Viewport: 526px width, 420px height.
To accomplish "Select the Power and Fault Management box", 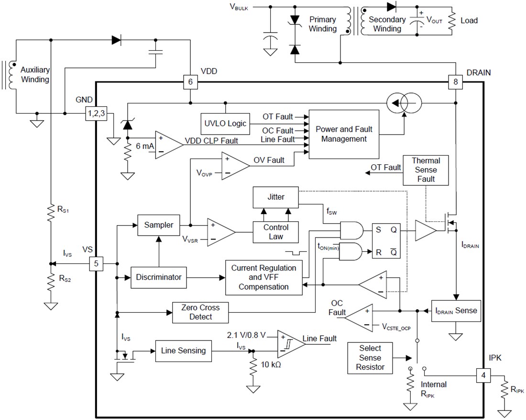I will click(x=344, y=134).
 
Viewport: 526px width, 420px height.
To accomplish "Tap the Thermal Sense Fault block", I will click(x=426, y=170).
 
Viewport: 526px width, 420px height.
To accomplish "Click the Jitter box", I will click(x=275, y=197).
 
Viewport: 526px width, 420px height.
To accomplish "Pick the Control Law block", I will click(x=275, y=232).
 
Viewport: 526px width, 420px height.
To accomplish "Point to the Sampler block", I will click(x=159, y=225).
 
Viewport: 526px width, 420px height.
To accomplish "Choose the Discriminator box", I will click(x=159, y=277).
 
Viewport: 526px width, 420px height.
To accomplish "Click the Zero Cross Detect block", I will click(x=200, y=312).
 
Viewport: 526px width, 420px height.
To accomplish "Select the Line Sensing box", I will click(x=183, y=351).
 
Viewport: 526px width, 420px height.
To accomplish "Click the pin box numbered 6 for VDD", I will click(x=190, y=82).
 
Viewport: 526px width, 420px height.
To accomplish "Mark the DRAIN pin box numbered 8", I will click(x=455, y=82).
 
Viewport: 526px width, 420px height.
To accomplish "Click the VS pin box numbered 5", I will click(x=97, y=263).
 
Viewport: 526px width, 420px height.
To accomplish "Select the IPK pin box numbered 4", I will click(x=483, y=375).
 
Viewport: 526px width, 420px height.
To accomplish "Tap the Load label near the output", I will click(x=469, y=21).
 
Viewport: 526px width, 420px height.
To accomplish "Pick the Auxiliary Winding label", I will click(x=35, y=75).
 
